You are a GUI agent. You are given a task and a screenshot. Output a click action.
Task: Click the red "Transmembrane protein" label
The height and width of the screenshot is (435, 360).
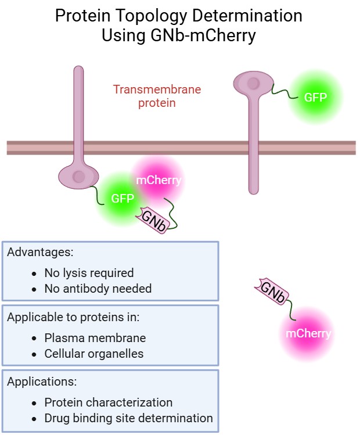157,96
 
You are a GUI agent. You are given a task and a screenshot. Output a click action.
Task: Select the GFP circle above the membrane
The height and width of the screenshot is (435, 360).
315,97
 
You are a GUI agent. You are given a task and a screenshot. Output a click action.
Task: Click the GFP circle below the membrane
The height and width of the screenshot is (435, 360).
123,198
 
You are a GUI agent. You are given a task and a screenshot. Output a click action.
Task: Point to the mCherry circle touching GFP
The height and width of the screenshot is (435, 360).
158,180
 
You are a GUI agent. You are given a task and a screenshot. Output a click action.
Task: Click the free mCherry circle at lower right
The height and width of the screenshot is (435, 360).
308,333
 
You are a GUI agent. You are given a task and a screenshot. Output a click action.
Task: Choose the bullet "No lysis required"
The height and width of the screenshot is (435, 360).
89,272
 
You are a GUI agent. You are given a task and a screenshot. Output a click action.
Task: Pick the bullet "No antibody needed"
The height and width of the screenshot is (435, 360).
98,288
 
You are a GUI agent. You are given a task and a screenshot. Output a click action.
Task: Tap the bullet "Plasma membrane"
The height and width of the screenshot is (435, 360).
95,337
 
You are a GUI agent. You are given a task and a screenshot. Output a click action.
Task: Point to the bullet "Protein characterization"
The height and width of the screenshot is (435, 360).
108,402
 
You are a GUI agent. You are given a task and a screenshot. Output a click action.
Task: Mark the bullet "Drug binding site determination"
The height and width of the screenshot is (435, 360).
128,418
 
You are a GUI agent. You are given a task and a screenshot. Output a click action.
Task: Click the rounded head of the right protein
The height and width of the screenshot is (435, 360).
253,84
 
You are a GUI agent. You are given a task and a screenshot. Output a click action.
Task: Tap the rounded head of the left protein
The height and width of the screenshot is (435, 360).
78,176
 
